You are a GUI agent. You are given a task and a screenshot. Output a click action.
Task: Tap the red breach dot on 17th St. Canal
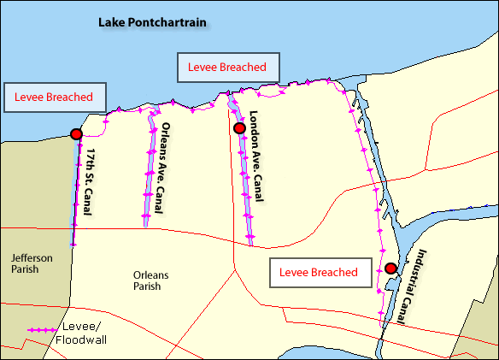(76, 133)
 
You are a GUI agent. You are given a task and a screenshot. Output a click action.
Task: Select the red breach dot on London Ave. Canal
(239, 128)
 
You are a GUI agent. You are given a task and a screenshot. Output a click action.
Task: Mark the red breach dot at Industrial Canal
(390, 269)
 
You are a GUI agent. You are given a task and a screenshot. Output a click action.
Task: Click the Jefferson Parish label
(32, 263)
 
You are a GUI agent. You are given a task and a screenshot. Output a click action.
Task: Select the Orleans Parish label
(152, 280)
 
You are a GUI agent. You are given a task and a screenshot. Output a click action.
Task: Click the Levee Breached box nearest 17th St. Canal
(54, 97)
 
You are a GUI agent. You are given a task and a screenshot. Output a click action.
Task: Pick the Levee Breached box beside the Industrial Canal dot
(322, 273)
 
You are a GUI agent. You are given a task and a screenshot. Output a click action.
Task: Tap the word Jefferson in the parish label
(32, 257)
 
